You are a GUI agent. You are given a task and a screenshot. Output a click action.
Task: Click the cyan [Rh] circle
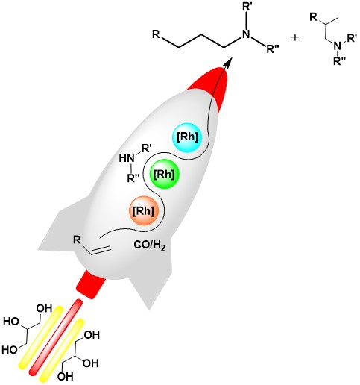pos(188,138)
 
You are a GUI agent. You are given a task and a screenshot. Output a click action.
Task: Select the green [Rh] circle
pos(165,175)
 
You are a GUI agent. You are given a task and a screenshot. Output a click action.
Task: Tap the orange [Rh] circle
pos(143,211)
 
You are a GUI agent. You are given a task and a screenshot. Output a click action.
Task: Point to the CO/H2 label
pos(149,245)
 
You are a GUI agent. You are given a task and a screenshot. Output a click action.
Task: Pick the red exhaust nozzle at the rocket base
pos(91,284)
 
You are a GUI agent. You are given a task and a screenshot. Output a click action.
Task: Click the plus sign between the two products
pos(295,37)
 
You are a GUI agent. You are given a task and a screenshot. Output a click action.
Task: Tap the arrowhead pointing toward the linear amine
pos(229,62)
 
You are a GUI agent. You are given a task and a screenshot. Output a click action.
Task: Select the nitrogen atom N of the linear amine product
pos(246,34)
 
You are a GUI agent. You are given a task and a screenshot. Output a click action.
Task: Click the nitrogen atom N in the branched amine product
pos(337,46)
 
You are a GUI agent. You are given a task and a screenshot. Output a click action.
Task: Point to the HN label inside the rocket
pos(127,158)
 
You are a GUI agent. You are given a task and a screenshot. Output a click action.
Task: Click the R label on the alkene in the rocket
pos(77,240)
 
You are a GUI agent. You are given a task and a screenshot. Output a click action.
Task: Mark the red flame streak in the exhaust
pos(56,337)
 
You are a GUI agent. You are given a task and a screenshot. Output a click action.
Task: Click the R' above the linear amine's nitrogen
pos(247,7)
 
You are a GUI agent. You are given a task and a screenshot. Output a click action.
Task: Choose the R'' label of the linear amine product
pos(273,49)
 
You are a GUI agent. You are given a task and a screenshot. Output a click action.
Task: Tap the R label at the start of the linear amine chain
pos(156,34)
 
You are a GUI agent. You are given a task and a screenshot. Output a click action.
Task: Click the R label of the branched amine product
pos(314,17)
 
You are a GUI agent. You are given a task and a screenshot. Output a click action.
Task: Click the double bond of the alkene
pos(101,250)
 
